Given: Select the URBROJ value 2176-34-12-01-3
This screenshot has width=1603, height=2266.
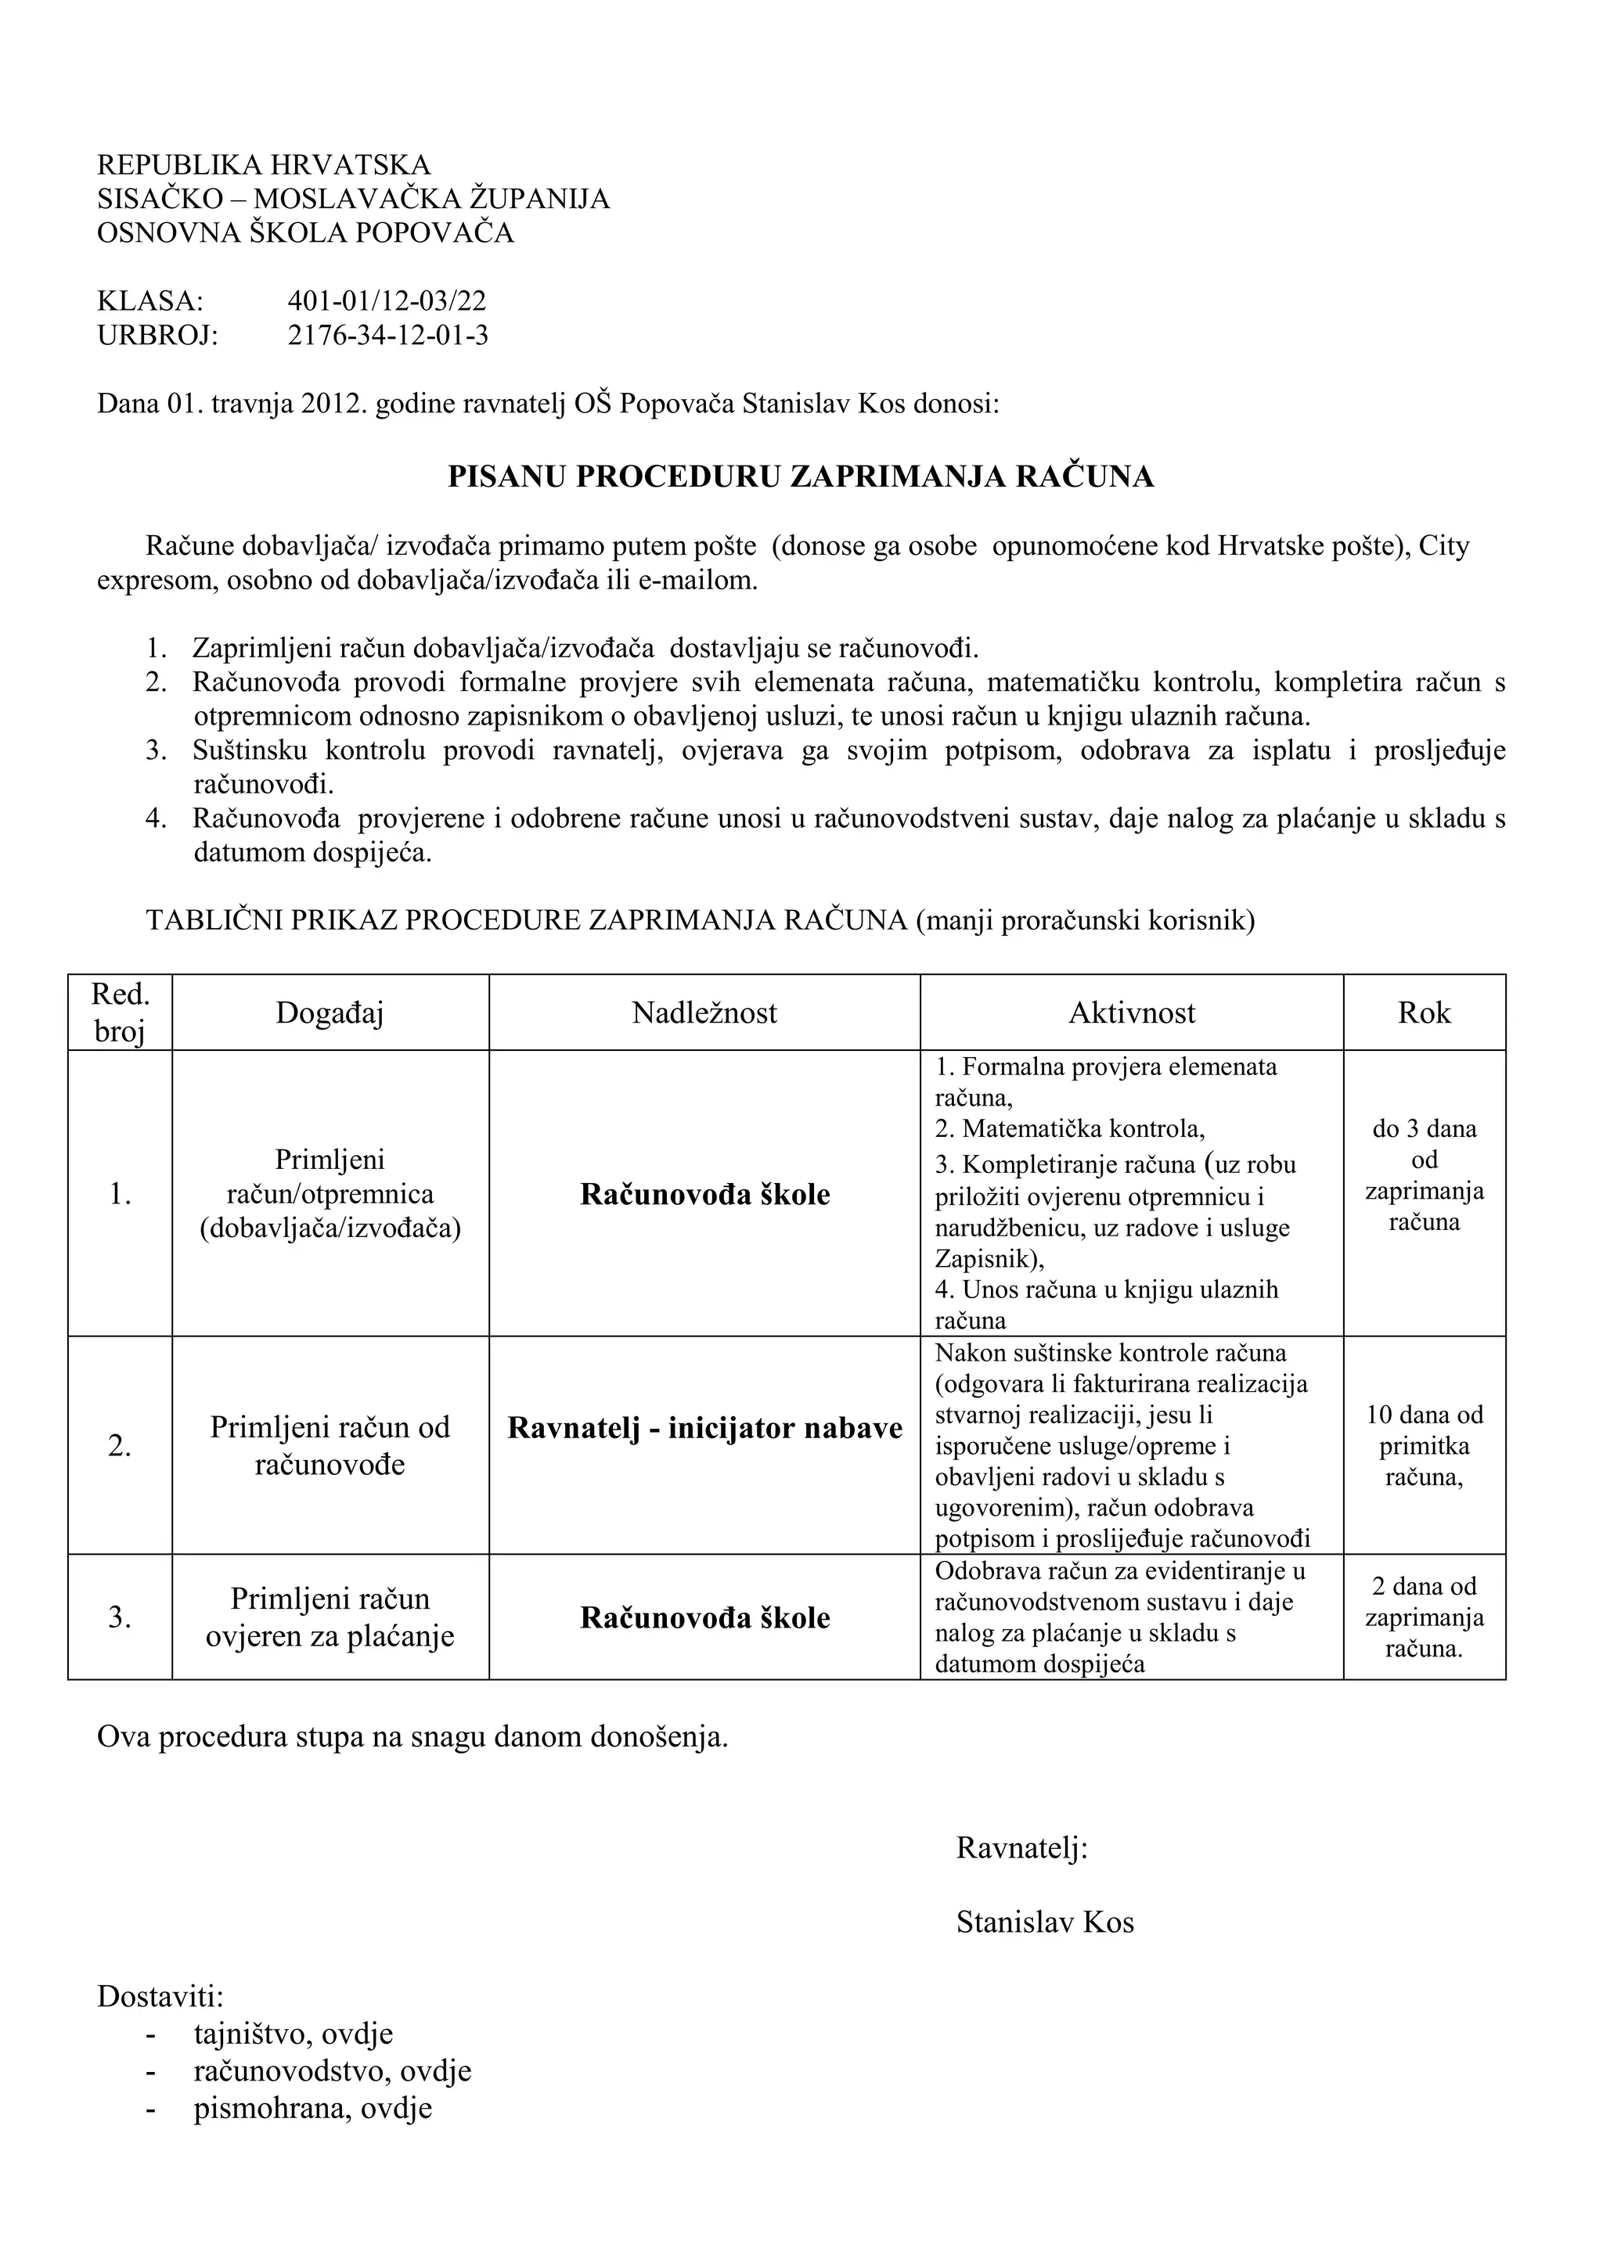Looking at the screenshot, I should point(388,336).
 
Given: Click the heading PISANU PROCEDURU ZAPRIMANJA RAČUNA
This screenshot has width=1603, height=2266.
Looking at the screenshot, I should point(801,477).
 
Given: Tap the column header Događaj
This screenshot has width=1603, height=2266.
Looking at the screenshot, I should point(330,1013).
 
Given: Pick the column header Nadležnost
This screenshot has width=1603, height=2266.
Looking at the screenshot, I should point(704,1013).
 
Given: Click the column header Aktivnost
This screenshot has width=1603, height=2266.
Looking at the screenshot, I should point(1131,1013).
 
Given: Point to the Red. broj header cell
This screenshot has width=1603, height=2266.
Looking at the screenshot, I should point(120,1013).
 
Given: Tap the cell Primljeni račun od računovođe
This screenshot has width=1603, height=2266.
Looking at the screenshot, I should point(330,1446).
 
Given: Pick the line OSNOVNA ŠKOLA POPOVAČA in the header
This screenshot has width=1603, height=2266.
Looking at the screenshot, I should point(305,233).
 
